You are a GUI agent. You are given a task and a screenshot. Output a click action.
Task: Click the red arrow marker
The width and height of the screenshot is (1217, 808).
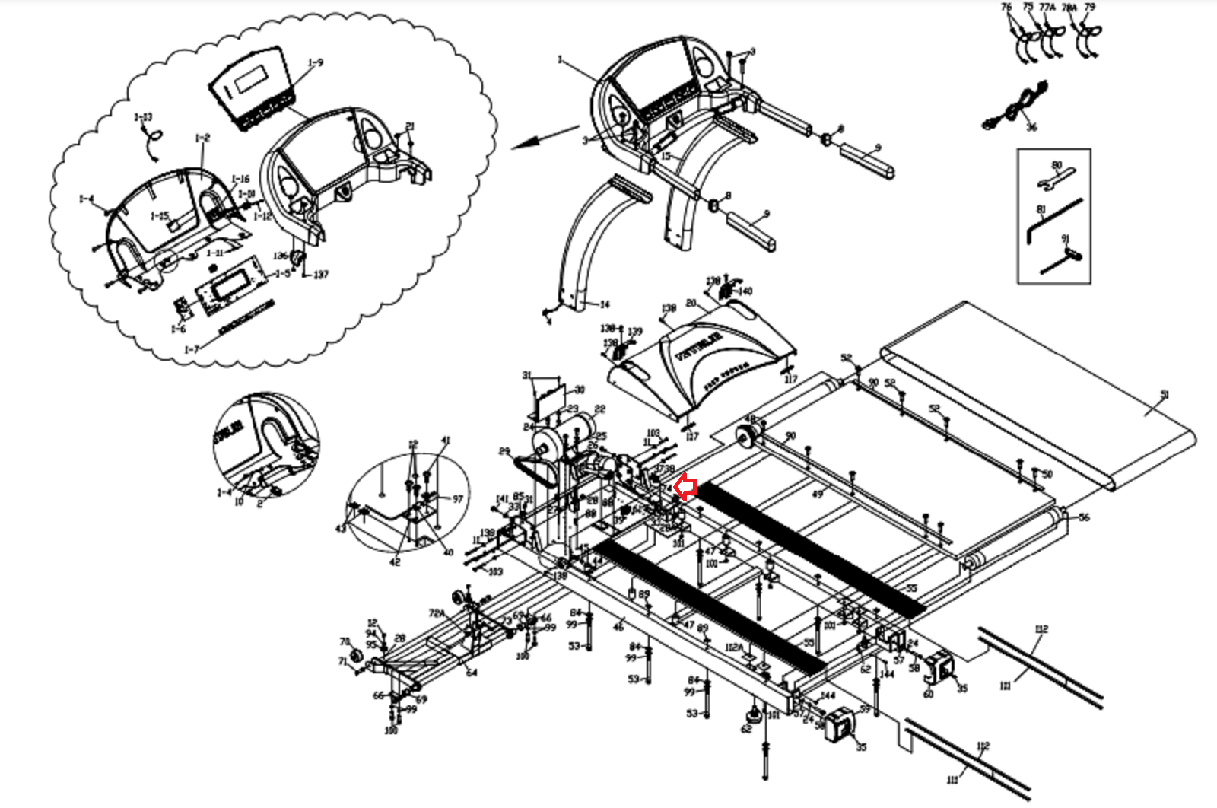click(685, 487)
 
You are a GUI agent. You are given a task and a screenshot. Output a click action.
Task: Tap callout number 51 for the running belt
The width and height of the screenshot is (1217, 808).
click(1165, 394)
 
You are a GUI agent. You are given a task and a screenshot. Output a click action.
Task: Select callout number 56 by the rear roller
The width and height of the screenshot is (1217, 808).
click(1084, 517)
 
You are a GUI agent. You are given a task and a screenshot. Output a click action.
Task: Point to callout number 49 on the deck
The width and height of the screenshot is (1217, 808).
click(818, 494)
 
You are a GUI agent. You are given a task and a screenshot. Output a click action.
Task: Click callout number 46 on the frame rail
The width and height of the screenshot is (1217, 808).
click(618, 627)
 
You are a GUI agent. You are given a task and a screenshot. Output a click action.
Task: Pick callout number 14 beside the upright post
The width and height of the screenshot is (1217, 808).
click(605, 304)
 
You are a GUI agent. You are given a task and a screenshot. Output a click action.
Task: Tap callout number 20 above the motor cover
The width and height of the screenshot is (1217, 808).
click(691, 303)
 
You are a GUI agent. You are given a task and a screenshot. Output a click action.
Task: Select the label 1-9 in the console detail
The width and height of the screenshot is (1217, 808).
click(316, 62)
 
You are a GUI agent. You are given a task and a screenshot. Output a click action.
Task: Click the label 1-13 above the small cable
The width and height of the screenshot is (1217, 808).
click(143, 117)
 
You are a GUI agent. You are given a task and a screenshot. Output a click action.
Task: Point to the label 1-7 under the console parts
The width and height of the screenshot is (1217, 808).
click(192, 349)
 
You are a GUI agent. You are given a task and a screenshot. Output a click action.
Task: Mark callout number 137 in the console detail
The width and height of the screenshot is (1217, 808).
click(321, 275)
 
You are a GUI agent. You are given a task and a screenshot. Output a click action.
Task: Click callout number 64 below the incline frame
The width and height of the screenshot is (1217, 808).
click(472, 673)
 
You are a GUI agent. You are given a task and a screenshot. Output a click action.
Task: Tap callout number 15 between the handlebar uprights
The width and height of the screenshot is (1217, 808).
click(666, 157)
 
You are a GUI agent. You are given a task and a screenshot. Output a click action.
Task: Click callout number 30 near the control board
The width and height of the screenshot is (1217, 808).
click(580, 390)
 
